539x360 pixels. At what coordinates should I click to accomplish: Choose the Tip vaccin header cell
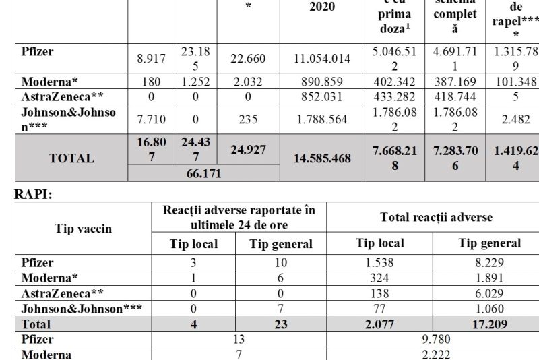(83, 229)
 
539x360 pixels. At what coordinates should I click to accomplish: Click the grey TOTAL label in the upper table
(71, 159)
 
